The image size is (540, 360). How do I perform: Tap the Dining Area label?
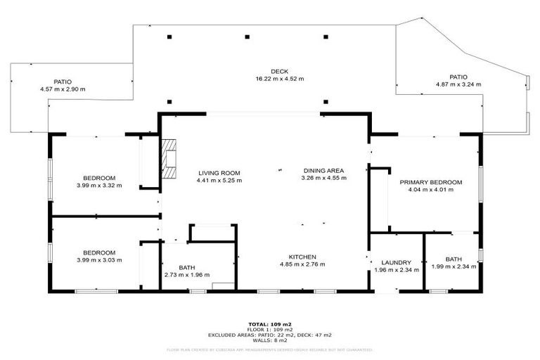coord(323,170)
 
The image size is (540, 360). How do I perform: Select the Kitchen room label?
coord(302,257)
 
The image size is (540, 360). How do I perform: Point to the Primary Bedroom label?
coord(431,182)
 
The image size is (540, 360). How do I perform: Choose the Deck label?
coord(280,71)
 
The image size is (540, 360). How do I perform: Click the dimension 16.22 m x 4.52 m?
coord(280,79)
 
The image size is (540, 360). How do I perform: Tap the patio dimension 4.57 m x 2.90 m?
coord(63,89)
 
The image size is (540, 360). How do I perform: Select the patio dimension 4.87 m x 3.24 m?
coord(458,84)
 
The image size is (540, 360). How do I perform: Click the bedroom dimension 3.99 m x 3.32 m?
coord(99,186)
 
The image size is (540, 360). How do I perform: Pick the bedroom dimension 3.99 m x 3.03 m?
coord(99,260)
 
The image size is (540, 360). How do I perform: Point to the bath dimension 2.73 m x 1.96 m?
coord(186,275)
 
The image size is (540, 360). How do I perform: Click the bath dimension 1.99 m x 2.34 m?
coord(454,266)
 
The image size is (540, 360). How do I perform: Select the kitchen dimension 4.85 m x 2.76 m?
coord(302,264)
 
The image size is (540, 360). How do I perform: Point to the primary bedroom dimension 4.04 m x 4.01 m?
coord(431,190)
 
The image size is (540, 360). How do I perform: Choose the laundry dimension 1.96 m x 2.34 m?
coord(397,269)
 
